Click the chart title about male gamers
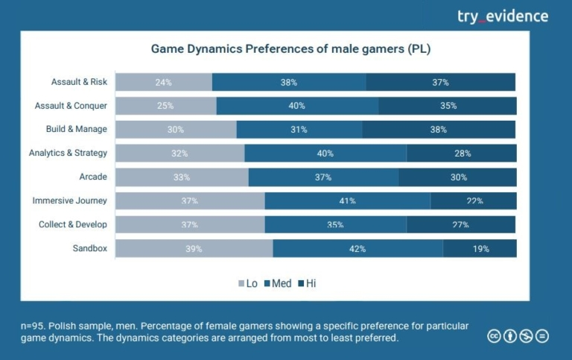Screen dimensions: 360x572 click(x=291, y=49)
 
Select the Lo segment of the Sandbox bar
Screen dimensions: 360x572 click(x=194, y=249)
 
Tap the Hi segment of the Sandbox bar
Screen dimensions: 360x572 click(x=480, y=249)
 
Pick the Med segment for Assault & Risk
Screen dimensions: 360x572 click(x=289, y=82)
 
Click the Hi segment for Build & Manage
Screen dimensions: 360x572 click(x=439, y=129)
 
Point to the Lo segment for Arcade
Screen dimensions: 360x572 click(x=182, y=177)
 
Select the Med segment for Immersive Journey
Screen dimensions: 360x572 click(x=347, y=201)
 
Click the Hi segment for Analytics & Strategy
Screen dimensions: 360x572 click(x=462, y=154)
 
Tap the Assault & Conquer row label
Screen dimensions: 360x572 click(x=71, y=106)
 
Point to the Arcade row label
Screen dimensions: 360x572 click(x=93, y=177)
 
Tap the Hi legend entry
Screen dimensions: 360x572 click(x=306, y=283)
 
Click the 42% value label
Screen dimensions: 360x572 click(x=357, y=249)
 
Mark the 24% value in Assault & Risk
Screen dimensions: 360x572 click(x=164, y=82)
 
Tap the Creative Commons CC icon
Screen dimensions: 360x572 click(x=494, y=336)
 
